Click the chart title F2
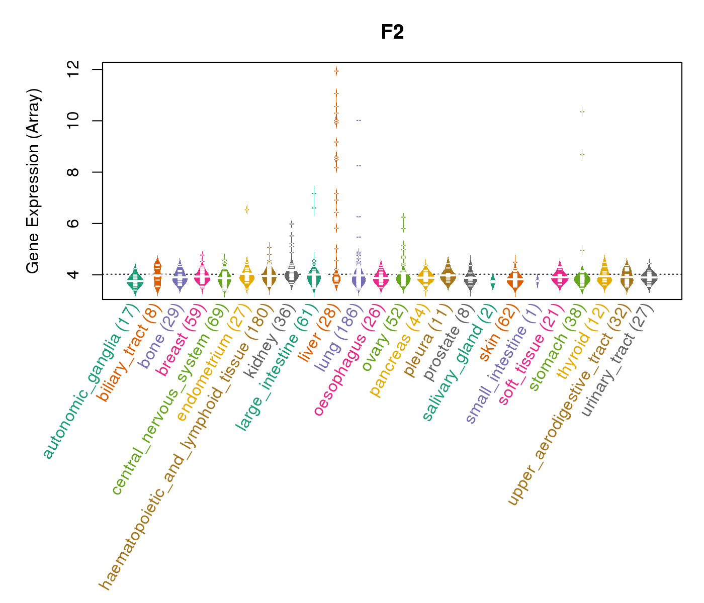(392, 32)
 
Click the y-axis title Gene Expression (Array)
(33, 181)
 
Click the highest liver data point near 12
(336, 71)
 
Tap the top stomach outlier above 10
(582, 112)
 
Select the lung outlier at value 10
(359, 121)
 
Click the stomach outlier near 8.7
(582, 154)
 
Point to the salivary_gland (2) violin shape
(493, 281)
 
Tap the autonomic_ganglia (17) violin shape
(135, 281)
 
